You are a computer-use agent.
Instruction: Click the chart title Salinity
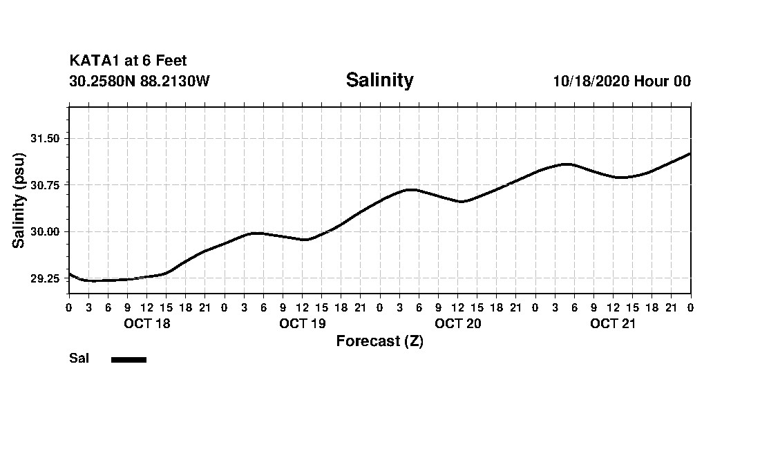(x=379, y=80)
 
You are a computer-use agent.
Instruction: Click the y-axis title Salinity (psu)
(x=19, y=200)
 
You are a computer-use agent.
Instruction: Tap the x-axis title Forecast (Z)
(x=379, y=341)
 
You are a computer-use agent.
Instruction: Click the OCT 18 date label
(x=147, y=324)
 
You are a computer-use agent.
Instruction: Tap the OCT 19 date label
(x=303, y=324)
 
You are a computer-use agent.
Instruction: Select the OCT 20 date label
(x=458, y=324)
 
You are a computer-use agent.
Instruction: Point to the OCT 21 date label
(x=613, y=324)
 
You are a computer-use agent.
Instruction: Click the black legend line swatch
(x=129, y=359)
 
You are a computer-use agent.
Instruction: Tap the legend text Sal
(x=79, y=359)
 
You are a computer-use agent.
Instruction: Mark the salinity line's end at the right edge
(x=690, y=153)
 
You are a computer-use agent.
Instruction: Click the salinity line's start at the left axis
(x=70, y=274)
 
